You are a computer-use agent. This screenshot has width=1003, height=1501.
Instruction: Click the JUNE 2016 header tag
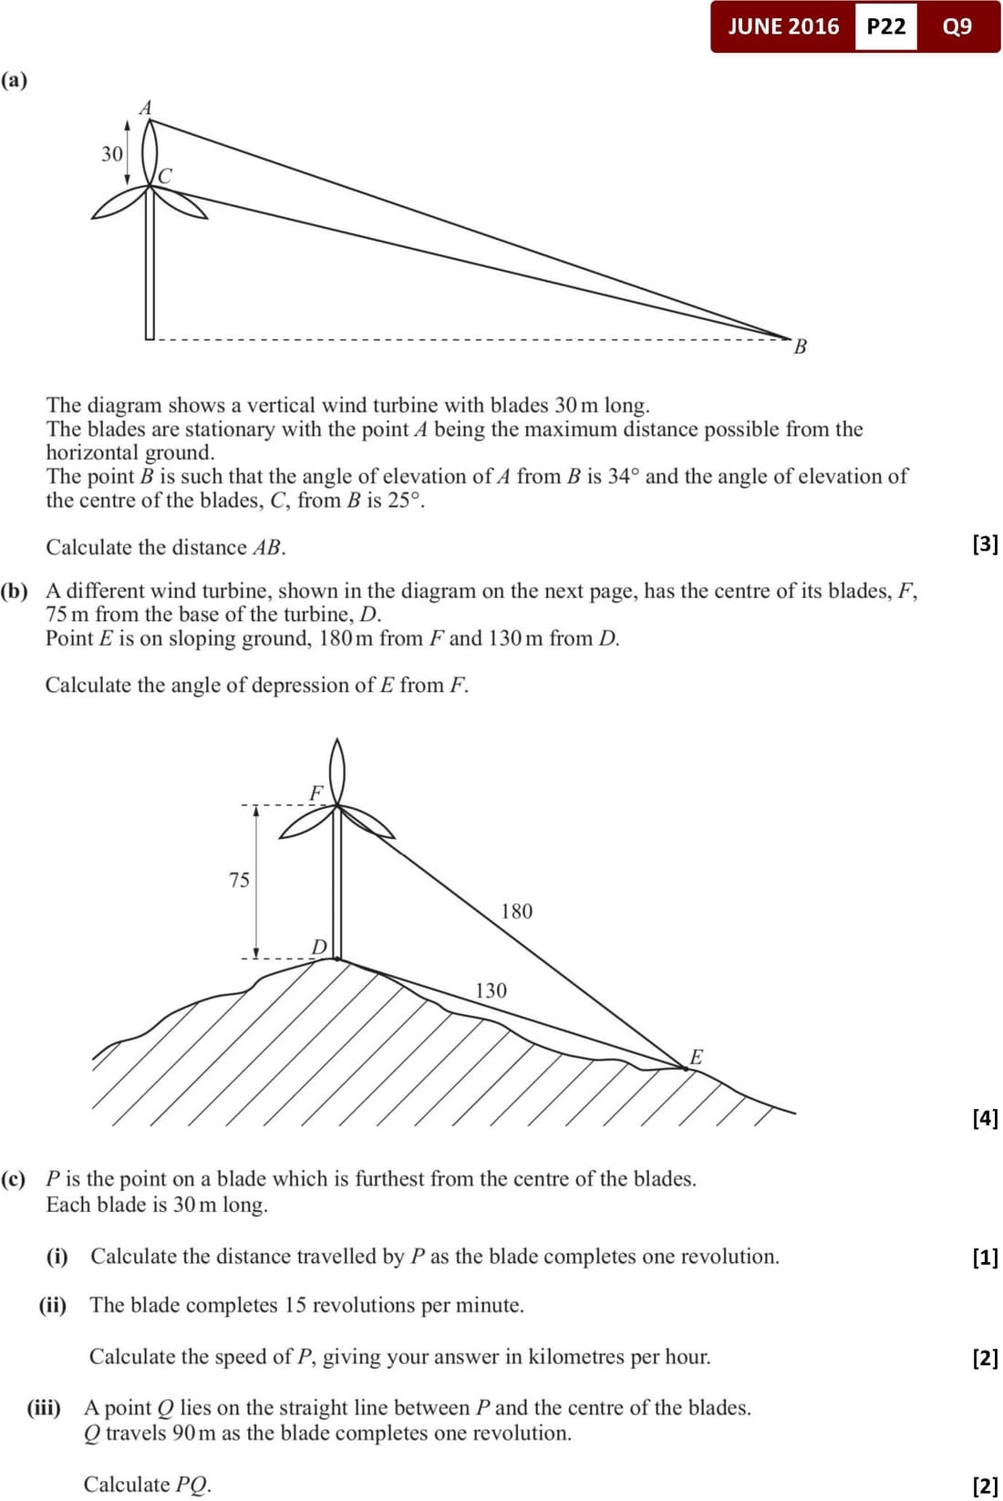pos(783,26)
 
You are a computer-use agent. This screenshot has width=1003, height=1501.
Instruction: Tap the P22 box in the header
pos(886,26)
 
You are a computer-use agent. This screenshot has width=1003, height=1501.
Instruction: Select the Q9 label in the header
pos(957,26)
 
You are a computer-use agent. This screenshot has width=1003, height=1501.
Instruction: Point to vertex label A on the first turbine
pos(145,108)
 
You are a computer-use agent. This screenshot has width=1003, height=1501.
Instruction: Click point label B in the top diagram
pos(801,347)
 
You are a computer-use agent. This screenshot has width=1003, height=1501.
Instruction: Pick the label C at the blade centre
pos(165,175)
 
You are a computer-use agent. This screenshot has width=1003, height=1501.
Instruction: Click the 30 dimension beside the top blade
pos(111,154)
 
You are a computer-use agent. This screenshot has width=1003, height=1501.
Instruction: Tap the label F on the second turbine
pos(316,792)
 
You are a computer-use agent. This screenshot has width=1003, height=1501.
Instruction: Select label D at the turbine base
pos(319,947)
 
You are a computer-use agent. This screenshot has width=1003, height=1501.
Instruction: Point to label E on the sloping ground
pos(696,1057)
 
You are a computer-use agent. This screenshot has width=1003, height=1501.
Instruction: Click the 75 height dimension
pos(239,880)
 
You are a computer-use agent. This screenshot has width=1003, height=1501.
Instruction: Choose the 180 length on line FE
pos(516,911)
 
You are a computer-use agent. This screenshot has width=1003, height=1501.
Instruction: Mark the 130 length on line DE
pos(491,990)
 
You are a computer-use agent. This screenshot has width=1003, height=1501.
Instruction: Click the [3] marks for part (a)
pos(986,544)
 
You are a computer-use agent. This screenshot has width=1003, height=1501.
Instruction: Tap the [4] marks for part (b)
pos(986,1118)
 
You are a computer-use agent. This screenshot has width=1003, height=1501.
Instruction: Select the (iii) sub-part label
pos(44,1407)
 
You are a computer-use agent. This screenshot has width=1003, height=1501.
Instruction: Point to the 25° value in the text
pos(404,500)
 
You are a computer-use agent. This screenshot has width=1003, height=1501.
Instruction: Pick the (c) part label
pos(15,1178)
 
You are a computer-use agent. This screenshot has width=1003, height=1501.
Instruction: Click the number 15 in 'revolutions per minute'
pos(295,1305)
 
